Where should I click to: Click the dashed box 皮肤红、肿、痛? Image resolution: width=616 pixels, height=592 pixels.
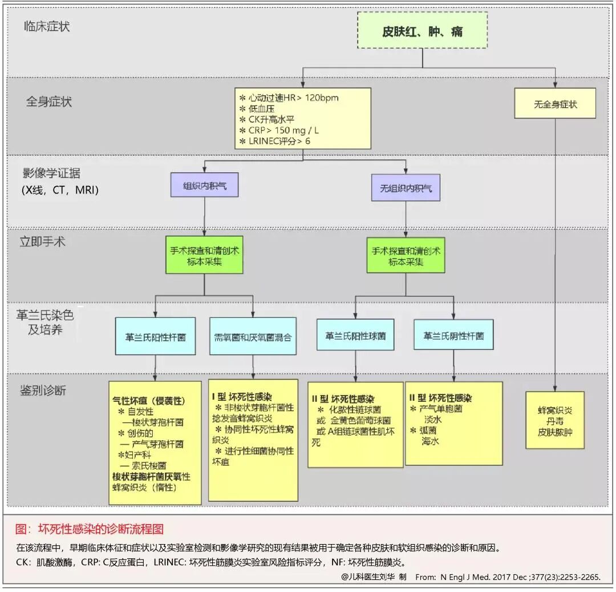coord(422,31)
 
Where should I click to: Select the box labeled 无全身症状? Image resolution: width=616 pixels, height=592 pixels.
coord(555,104)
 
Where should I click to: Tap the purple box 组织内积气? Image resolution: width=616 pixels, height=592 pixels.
coord(204,186)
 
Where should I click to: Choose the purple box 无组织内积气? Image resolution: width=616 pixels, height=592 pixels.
coord(406,188)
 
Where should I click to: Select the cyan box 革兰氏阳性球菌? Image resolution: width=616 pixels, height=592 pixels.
coord(355,336)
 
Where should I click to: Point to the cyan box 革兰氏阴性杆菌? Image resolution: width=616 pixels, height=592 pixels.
coord(453,336)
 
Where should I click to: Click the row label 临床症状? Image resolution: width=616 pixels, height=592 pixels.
coord(47,26)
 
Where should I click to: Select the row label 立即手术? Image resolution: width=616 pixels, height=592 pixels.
coord(42,241)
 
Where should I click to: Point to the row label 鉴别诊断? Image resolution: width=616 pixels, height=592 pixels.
coord(43,390)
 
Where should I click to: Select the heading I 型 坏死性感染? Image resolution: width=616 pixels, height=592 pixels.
coord(242,396)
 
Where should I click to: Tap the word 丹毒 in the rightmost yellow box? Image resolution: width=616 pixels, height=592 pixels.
coord(555,421)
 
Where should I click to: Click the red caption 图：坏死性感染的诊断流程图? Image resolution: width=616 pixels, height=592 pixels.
coord(90,529)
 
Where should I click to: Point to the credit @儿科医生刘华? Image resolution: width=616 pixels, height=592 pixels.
coord(374,577)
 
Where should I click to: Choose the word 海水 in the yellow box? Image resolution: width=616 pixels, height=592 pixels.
coord(430,441)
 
